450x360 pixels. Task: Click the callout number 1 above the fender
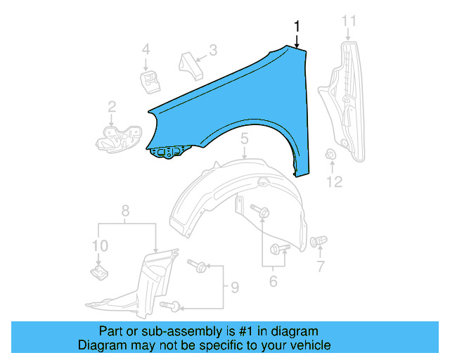point(297,26)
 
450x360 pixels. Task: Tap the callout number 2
point(112,107)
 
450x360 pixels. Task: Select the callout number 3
point(212,50)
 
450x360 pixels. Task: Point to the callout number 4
point(146,49)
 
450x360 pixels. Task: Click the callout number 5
point(244,140)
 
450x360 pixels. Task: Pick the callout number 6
point(273,282)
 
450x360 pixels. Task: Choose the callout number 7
point(320,266)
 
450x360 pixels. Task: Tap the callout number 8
point(125,210)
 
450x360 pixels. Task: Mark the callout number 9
point(234,288)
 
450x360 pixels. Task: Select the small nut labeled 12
point(331,155)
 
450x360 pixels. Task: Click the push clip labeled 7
point(318,242)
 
